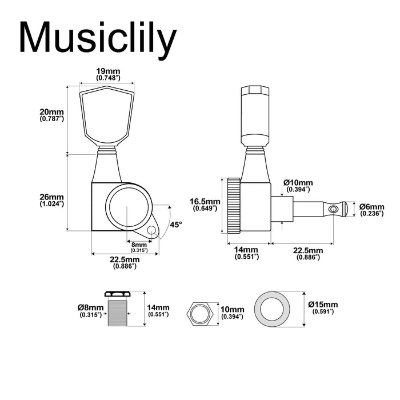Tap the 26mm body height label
tap(51, 200)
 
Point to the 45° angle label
tap(177, 225)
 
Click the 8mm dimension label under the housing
tap(139, 247)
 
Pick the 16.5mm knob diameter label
tap(205, 205)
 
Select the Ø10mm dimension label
tap(297, 186)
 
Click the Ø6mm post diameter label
tap(372, 210)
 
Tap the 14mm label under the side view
tap(246, 253)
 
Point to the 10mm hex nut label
tap(233, 313)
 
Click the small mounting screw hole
tap(151, 230)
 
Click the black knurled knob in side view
tap(233, 205)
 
